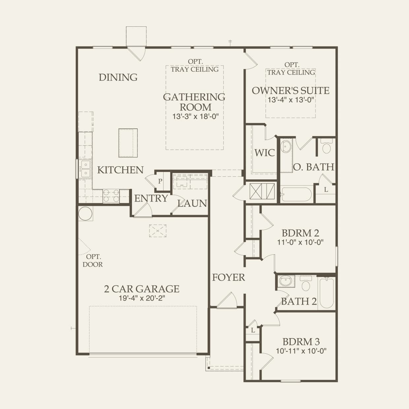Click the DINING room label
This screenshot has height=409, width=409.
(x=118, y=77)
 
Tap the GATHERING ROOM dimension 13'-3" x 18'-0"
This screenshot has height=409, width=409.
(x=196, y=116)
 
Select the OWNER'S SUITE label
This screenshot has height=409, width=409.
(x=291, y=91)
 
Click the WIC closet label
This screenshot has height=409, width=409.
(x=265, y=153)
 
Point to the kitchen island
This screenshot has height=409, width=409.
(x=128, y=143)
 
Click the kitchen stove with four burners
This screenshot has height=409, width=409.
(x=111, y=196)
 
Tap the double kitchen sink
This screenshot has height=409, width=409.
(x=85, y=169)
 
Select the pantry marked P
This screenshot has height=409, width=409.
(x=160, y=181)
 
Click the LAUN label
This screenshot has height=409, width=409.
(x=192, y=204)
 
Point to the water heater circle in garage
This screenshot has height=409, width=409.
(x=85, y=213)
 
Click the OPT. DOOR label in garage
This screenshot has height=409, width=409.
(x=93, y=261)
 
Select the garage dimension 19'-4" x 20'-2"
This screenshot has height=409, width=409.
(x=142, y=298)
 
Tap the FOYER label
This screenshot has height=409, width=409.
(x=228, y=277)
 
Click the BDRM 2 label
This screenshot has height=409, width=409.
(x=300, y=233)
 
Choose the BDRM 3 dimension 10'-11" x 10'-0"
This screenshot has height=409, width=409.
(x=301, y=351)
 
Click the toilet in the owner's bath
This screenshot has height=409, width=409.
(x=326, y=147)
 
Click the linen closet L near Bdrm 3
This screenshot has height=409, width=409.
(x=253, y=330)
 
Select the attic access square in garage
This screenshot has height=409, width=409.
(x=157, y=231)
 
